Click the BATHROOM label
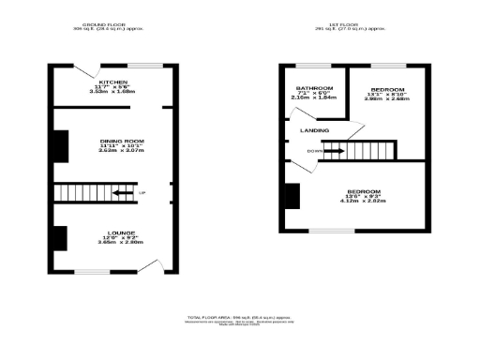(315, 88)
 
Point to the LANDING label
(314, 130)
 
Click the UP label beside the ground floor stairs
(142, 194)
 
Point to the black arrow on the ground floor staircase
(121, 194)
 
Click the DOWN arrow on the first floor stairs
(333, 150)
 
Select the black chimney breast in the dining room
(60, 144)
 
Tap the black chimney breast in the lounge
(60, 239)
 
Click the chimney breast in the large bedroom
(292, 196)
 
